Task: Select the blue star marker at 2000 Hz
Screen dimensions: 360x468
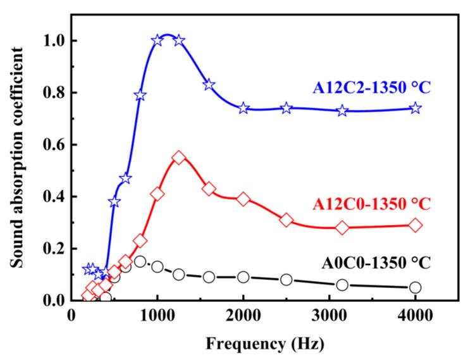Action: pos(243,108)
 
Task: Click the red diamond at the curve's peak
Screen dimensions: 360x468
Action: pos(179,158)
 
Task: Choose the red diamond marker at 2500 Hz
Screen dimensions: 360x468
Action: pos(286,220)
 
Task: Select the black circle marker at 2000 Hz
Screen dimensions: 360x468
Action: pos(243,277)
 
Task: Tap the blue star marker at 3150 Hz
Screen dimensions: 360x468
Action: pos(342,111)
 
